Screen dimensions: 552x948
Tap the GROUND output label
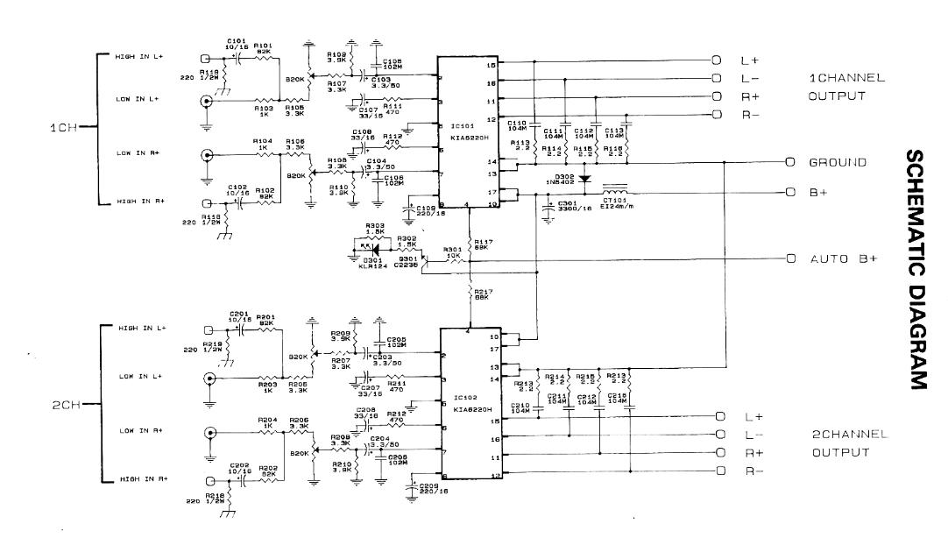pyautogui.click(x=838, y=162)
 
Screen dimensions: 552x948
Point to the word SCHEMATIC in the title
pyautogui.click(x=916, y=210)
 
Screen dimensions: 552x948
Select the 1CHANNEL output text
pyautogui.click(x=846, y=78)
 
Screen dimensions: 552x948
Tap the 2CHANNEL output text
pyautogui.click(x=850, y=434)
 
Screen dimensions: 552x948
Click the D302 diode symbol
pyautogui.click(x=585, y=177)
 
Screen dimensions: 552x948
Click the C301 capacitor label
pyautogui.click(x=567, y=202)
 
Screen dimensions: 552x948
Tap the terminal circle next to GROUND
pyautogui.click(x=789, y=162)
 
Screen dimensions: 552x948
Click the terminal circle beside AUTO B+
pyautogui.click(x=789, y=258)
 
